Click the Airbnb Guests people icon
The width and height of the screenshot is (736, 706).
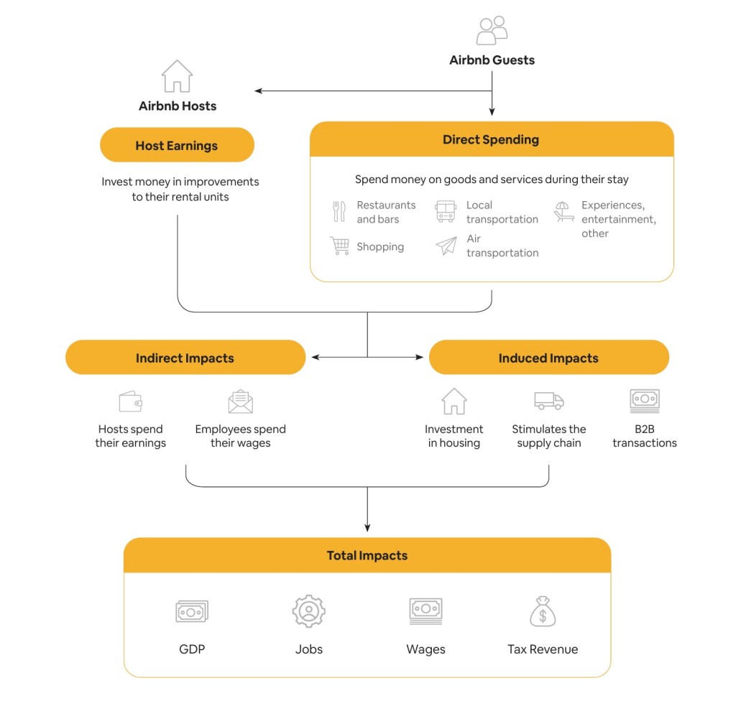tap(492, 31)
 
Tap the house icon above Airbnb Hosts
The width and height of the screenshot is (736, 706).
tap(177, 76)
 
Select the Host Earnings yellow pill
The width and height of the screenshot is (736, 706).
tap(177, 145)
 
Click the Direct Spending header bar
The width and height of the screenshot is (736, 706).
tap(492, 139)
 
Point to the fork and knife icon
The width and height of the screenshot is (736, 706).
tap(339, 212)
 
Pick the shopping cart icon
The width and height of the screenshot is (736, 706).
tap(339, 246)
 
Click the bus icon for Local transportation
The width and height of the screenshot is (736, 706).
tap(446, 212)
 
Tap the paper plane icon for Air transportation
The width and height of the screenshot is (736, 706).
tap(446, 246)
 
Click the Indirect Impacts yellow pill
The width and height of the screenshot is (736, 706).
tap(185, 358)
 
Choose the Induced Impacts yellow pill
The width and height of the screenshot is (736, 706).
tap(548, 358)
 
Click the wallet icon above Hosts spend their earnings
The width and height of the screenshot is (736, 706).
tap(130, 401)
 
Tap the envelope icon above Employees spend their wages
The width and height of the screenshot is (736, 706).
tap(241, 401)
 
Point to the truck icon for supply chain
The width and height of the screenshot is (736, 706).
tap(548, 401)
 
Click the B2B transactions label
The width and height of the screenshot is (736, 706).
tap(644, 436)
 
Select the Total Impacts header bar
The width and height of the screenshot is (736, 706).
tap(367, 555)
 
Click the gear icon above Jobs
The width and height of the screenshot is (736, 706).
tap(309, 611)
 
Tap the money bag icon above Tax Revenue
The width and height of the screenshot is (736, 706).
tap(543, 611)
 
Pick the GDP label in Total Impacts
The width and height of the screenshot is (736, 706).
tap(192, 649)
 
